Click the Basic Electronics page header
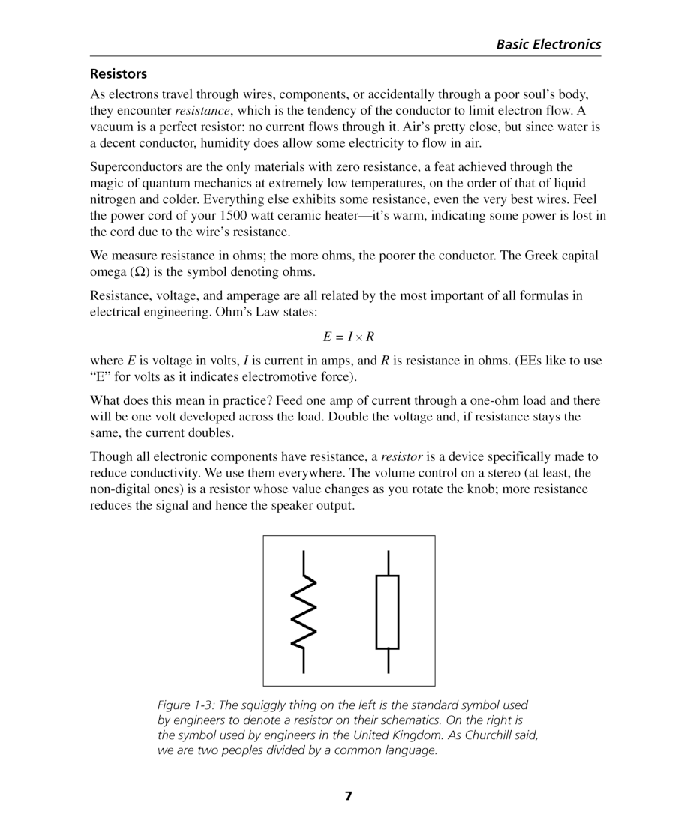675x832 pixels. [x=547, y=44]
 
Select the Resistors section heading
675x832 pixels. [x=118, y=74]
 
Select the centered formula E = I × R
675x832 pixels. [x=349, y=337]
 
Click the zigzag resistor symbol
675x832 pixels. [x=304, y=612]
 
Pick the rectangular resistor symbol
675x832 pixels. [x=387, y=612]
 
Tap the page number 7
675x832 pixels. [x=348, y=796]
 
